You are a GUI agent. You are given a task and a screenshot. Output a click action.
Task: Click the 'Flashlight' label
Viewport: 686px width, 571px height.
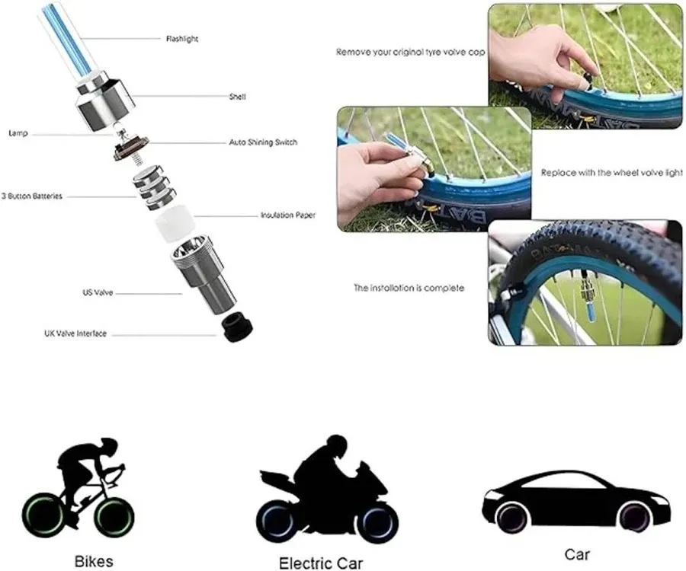(x=182, y=38)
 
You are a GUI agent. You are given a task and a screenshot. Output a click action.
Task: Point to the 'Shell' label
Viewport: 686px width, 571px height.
(x=237, y=97)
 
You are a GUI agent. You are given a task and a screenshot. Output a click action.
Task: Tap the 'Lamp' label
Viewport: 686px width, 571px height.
(x=18, y=133)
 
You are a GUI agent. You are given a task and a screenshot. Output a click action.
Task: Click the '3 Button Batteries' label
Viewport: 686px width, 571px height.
(x=32, y=196)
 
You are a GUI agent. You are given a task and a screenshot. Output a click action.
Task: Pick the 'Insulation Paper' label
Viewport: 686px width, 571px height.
(x=287, y=215)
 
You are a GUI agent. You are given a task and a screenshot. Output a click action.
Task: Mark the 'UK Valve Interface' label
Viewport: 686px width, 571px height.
(x=75, y=333)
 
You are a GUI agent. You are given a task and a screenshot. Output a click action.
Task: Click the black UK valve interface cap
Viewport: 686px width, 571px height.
(x=238, y=328)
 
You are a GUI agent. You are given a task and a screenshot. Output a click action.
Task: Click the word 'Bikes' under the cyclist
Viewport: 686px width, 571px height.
(x=94, y=562)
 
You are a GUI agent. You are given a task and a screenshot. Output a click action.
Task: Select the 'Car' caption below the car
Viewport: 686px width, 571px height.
(x=577, y=555)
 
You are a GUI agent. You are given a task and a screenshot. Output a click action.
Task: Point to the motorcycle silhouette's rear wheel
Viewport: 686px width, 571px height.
(x=276, y=518)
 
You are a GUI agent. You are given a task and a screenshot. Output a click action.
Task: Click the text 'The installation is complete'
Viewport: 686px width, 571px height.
(x=409, y=289)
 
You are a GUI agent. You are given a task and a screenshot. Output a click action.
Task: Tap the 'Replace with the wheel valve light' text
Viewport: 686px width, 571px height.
(x=612, y=173)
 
